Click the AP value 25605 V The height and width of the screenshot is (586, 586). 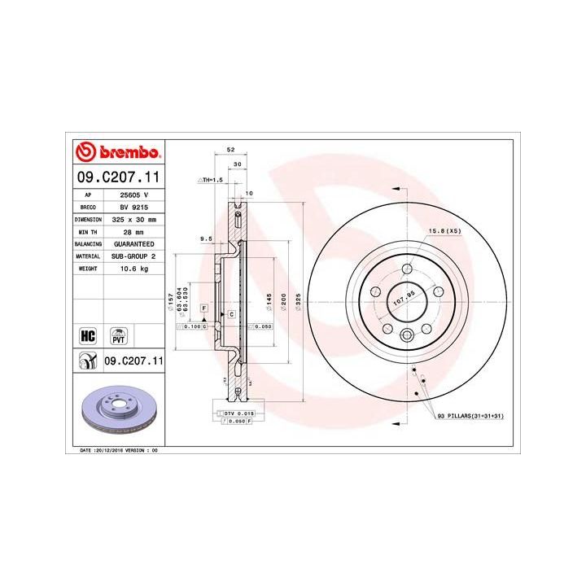coord(133,195)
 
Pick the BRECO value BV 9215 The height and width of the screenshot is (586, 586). coord(133,208)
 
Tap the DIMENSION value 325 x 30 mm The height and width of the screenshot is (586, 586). coord(133,220)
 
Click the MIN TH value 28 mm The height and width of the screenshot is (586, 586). coord(133,232)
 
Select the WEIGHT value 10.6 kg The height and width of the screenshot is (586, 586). coord(133,268)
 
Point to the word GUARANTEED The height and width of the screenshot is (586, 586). coord(133,243)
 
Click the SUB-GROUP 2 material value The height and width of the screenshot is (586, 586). coord(133,256)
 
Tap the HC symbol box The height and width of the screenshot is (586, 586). coord(85,335)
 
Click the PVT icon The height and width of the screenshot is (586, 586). coord(119,335)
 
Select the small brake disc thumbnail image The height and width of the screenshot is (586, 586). coord(120,408)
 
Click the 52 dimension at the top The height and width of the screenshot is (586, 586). coord(230,150)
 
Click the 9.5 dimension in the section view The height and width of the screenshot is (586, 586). coord(206,238)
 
